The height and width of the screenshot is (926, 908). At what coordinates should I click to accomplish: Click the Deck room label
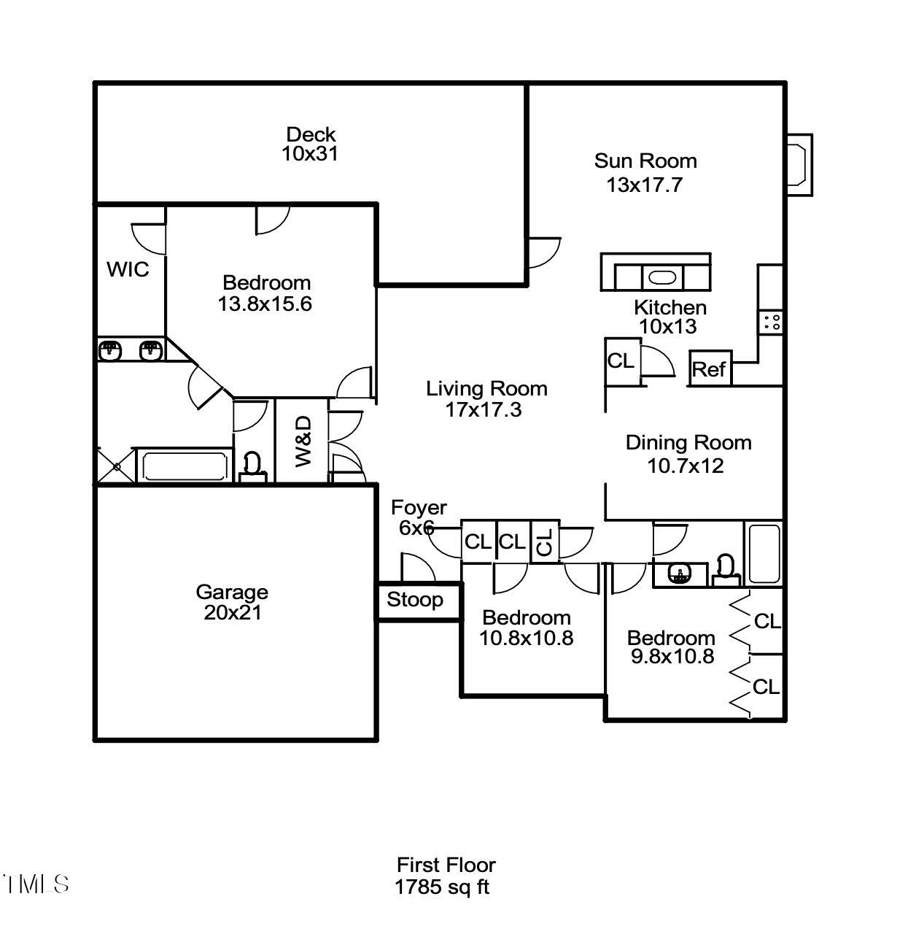(311, 134)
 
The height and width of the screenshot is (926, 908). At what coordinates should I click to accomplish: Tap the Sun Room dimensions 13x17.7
(644, 185)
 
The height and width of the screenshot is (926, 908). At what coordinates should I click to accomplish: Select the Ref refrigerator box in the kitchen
(710, 368)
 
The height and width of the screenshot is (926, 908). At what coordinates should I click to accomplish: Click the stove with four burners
(771, 322)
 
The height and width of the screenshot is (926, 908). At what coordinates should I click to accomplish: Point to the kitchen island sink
(662, 277)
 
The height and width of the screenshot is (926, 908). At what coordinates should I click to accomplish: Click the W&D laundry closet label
(304, 441)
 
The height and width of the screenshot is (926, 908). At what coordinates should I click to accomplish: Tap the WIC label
(128, 269)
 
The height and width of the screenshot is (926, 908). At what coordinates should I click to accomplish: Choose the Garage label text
(232, 592)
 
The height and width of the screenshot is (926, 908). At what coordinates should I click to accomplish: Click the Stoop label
(415, 600)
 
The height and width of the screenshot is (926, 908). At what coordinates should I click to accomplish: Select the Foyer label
(419, 507)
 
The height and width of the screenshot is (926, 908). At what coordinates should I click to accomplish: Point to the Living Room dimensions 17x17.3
(484, 409)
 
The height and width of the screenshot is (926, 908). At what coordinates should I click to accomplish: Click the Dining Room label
(688, 443)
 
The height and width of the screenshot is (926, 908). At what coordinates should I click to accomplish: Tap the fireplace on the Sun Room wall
(799, 165)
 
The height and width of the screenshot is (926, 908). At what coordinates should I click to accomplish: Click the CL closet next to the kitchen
(622, 361)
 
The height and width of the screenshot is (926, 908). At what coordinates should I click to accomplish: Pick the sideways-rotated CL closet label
(544, 542)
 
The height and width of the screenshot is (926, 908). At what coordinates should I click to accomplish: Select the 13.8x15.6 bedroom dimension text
(265, 304)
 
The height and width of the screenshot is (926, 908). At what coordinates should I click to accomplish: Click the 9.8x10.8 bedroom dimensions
(672, 656)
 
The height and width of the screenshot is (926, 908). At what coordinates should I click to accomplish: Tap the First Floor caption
(446, 865)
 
